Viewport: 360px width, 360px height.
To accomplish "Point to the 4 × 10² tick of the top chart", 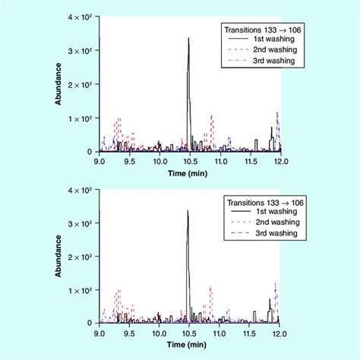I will (80, 17).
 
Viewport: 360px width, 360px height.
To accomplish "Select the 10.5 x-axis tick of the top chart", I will (188, 162).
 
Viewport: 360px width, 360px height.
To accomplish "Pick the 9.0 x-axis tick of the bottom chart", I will (99, 333).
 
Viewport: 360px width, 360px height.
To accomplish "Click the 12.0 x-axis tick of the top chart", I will (280, 162).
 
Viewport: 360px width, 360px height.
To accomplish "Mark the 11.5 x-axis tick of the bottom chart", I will (250, 333).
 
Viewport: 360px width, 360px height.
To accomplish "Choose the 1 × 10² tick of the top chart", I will (80, 118).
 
